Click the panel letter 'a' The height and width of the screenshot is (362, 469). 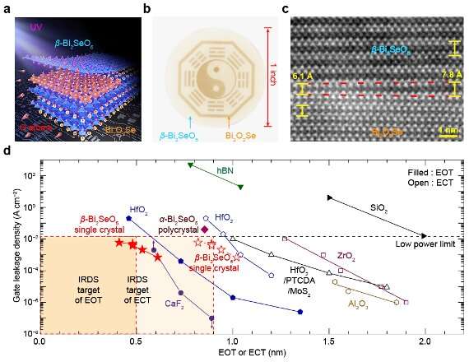point(7,9)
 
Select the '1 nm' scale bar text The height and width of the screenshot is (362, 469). point(448,129)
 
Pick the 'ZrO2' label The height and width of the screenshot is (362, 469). point(345,257)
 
